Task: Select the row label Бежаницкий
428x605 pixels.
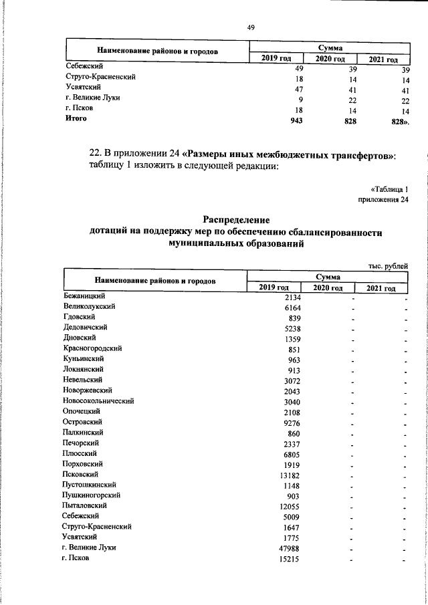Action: point(85,295)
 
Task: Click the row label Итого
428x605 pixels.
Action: point(76,118)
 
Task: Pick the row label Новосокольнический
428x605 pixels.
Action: point(99,401)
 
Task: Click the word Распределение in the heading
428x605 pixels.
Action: point(235,220)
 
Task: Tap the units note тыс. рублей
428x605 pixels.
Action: point(388,265)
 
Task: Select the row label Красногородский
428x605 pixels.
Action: point(92,348)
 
